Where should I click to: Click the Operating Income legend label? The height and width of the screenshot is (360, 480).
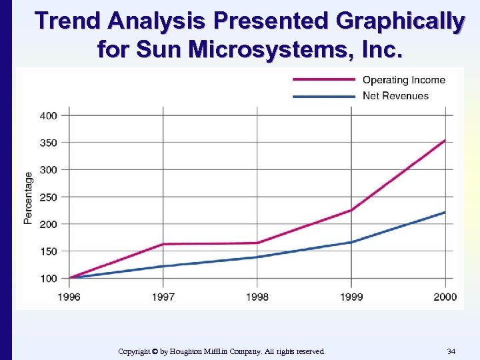click(x=403, y=80)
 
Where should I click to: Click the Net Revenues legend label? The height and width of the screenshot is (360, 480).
click(x=395, y=95)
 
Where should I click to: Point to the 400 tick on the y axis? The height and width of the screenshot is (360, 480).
click(x=49, y=115)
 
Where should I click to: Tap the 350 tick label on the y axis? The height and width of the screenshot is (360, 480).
click(x=49, y=143)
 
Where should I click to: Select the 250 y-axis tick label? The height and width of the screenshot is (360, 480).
click(x=49, y=197)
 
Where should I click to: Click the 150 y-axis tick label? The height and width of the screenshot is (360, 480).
click(x=49, y=251)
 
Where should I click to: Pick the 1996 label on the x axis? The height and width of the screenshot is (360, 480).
click(x=69, y=296)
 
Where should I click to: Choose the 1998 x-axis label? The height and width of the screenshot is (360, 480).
click(x=257, y=296)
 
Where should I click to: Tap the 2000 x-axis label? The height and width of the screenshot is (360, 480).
click(x=444, y=296)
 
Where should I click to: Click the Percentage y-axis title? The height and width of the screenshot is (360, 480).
click(x=28, y=197)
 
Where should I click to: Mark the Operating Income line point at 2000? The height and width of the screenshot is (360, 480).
click(x=445, y=140)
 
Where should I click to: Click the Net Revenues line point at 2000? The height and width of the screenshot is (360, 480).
click(x=445, y=212)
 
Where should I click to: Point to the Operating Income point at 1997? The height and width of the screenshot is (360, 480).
click(x=163, y=244)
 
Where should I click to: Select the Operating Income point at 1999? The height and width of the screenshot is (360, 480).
click(x=351, y=210)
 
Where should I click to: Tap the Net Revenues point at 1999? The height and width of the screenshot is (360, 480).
click(x=351, y=242)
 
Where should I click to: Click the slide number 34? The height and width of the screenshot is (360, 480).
click(x=451, y=351)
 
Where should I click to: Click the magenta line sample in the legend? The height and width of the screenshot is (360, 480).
click(x=323, y=79)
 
